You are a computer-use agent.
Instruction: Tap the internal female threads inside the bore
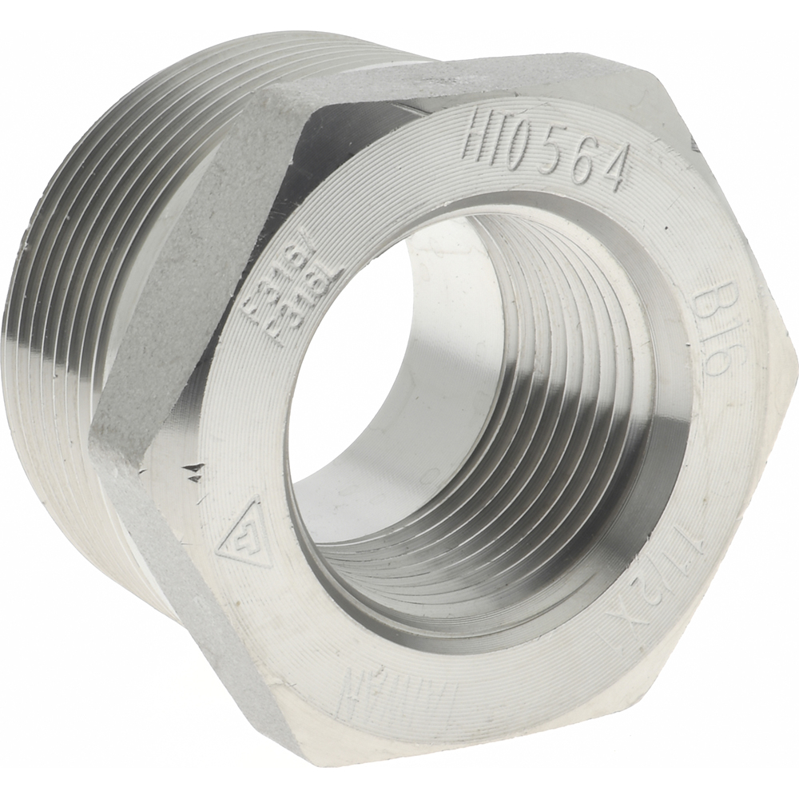click(x=559, y=399)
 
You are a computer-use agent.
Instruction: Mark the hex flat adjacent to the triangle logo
click(x=192, y=575)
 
